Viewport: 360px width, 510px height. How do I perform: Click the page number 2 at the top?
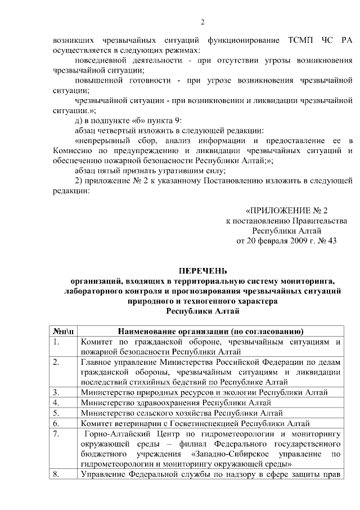(x=202, y=22)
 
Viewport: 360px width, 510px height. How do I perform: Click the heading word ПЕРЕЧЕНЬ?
(x=202, y=271)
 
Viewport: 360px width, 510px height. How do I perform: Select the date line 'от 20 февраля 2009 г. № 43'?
(x=287, y=240)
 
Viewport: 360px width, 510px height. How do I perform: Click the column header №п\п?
(x=63, y=331)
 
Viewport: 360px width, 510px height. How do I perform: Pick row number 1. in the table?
(x=57, y=341)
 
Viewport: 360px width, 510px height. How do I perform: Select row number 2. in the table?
(x=57, y=361)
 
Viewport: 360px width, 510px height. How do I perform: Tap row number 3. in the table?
(x=57, y=392)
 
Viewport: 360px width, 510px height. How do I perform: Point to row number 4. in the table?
(x=57, y=402)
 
